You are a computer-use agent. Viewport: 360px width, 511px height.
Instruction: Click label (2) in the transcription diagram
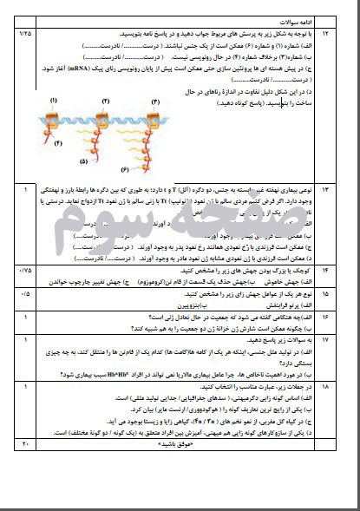(106, 101)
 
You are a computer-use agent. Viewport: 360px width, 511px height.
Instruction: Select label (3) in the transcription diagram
(156, 102)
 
